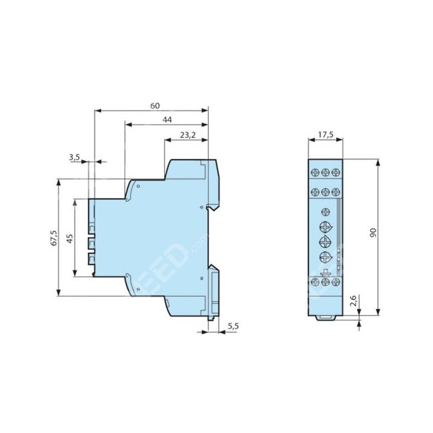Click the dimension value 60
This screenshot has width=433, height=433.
click(x=155, y=106)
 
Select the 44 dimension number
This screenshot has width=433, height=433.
click(x=167, y=120)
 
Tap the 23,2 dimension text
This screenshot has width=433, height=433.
click(x=188, y=136)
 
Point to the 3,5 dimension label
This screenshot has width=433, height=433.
click(x=75, y=157)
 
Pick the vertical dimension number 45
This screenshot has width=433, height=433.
click(x=70, y=238)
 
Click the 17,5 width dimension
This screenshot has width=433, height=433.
click(x=325, y=135)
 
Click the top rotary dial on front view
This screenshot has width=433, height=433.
click(x=325, y=227)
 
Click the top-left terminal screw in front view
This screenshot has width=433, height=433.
click(x=315, y=171)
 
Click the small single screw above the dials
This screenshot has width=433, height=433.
click(x=325, y=211)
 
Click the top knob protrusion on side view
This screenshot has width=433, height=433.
click(x=91, y=227)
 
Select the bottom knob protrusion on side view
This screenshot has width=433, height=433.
click(x=91, y=260)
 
